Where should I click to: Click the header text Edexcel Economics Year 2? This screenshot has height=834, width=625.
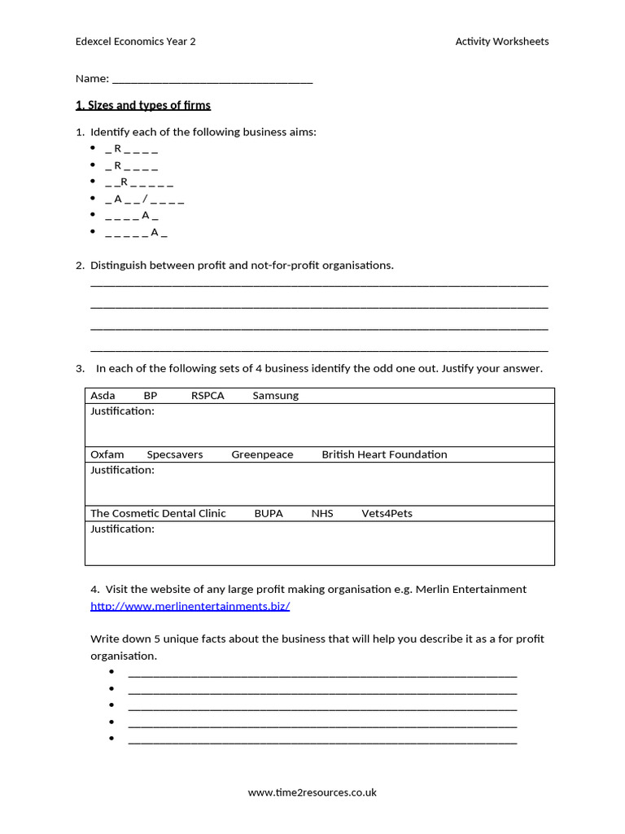135,42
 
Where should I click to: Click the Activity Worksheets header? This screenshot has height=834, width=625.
501,42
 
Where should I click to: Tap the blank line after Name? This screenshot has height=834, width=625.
212,80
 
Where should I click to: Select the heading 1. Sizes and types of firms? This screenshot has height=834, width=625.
142,105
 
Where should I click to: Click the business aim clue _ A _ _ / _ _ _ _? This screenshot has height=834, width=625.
144,199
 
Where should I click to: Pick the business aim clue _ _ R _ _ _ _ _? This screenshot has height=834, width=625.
138,182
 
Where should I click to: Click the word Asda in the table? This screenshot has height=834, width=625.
103,396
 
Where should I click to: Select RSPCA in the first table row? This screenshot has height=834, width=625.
208,396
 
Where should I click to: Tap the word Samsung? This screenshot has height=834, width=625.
275,396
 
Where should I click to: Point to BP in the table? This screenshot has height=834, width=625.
151,396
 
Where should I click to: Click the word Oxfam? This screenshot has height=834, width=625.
107,454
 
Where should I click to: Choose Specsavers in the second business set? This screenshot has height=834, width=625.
175,454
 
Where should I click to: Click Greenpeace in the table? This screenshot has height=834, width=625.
262,454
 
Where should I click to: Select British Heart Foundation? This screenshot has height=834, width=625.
384,454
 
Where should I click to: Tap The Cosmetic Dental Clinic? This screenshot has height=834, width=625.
158,514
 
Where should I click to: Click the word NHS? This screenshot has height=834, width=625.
322,514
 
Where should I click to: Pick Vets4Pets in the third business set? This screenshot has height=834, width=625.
387,514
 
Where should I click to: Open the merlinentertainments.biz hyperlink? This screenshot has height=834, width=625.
190,607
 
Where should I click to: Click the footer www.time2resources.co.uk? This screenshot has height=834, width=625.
312,792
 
